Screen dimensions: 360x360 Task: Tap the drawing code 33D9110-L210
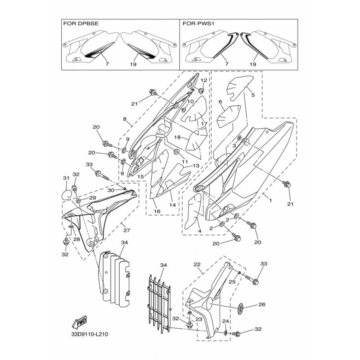[x=90, y=334]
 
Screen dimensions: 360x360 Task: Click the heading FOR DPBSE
[x=81, y=23]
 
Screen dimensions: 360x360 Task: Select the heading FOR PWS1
[x=198, y=23]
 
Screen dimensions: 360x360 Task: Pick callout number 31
[x=66, y=178]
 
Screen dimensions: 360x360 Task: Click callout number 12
[x=204, y=80]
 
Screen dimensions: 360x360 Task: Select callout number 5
[x=253, y=95]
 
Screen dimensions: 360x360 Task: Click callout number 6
[x=220, y=102]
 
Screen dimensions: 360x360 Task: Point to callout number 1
[x=270, y=200]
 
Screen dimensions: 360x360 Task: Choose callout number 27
[x=127, y=230]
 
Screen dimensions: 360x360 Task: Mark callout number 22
[x=197, y=265]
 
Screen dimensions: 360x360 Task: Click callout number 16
[x=157, y=211]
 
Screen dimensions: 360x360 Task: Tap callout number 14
[x=172, y=205]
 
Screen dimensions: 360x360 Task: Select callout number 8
[x=125, y=119]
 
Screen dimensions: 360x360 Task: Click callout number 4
[x=199, y=231]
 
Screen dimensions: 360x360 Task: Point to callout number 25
[x=232, y=282]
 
